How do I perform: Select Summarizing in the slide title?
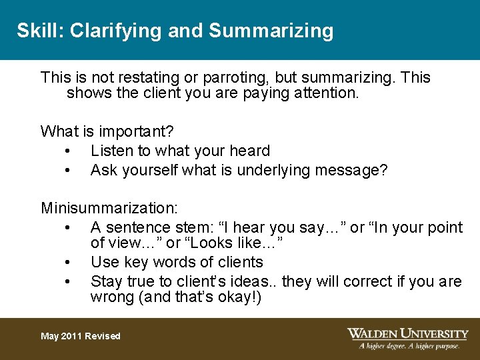pos(271,31)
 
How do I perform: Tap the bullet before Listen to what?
pos(69,151)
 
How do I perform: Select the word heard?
pos(248,151)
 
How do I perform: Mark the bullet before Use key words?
pos(69,263)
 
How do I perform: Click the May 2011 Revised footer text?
pos(81,336)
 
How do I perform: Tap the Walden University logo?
pos(407,333)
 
